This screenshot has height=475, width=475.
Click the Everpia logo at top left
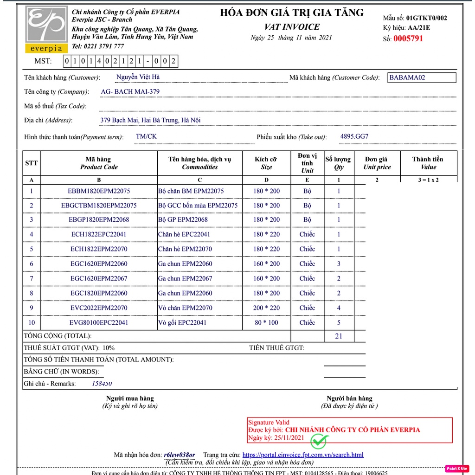[x=46, y=29]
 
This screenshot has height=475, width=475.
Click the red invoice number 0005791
[x=408, y=39]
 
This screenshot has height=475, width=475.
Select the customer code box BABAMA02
[x=422, y=77]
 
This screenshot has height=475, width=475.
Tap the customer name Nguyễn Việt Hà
[x=138, y=77]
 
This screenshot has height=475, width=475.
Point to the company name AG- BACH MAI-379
[x=130, y=92]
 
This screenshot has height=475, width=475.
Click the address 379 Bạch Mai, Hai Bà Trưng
[x=150, y=121]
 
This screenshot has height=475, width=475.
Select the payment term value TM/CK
[x=146, y=137]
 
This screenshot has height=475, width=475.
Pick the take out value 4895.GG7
[x=354, y=137]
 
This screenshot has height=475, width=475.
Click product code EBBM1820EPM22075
[x=99, y=191]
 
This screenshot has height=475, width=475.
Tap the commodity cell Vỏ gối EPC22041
[x=182, y=322]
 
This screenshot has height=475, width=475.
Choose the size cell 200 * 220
[x=266, y=308]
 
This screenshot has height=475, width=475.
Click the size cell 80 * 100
[x=266, y=322]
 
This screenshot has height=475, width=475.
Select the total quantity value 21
[x=339, y=336]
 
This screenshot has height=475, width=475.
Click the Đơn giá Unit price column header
[x=377, y=163]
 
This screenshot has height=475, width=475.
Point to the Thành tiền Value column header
[x=428, y=163]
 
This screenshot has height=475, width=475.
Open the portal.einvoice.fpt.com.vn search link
[x=303, y=455]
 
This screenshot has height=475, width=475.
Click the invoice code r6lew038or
[x=180, y=455]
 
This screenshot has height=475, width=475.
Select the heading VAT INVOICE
[x=292, y=27]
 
